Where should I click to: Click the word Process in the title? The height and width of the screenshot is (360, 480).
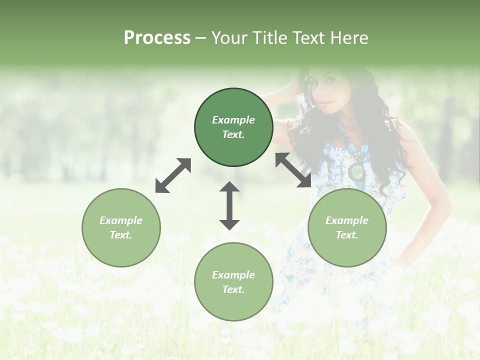(x=157, y=38)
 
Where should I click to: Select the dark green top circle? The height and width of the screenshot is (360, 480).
(x=233, y=127)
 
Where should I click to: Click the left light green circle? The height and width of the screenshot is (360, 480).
(x=121, y=227)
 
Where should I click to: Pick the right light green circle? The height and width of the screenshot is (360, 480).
(x=347, y=227)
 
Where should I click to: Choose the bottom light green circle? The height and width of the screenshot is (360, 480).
(x=233, y=282)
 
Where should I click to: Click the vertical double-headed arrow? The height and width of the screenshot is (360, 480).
(x=229, y=205)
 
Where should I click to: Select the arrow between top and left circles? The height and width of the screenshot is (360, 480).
(x=173, y=175)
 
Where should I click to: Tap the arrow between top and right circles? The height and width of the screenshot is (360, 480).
(x=293, y=170)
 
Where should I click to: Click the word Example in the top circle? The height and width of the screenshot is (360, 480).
(x=233, y=120)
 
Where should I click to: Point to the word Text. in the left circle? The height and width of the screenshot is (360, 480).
(x=121, y=235)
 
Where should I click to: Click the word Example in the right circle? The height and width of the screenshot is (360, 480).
(x=347, y=220)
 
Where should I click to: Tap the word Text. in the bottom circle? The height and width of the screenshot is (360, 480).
(x=233, y=289)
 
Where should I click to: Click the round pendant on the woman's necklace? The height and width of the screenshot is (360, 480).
(x=357, y=171)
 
